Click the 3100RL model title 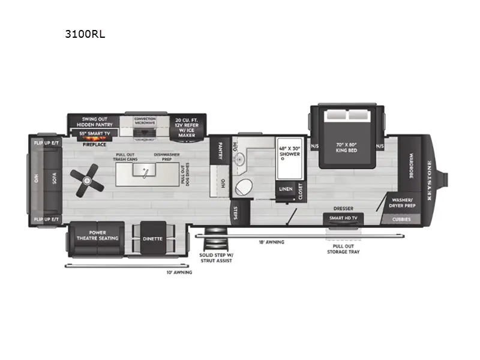pyautogui.click(x=85, y=34)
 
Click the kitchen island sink pyautogui.click(x=145, y=172)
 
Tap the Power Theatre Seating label pyautogui.click(x=96, y=235)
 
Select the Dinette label pyautogui.click(x=152, y=239)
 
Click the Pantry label pyautogui.click(x=221, y=149)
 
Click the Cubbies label pyautogui.click(x=402, y=219)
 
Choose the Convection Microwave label pyautogui.click(x=145, y=120)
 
